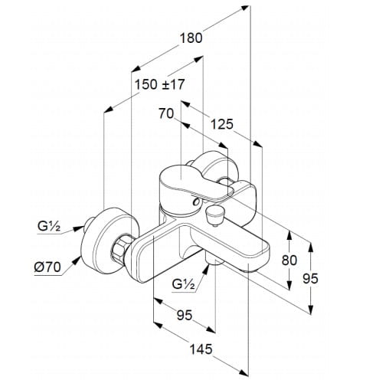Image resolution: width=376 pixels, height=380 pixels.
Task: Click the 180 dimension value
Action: pyautogui.click(x=191, y=38)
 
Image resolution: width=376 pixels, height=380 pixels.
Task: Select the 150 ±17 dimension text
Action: pyautogui.click(x=159, y=84)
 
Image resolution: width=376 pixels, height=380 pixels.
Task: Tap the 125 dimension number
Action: pyautogui.click(x=222, y=124)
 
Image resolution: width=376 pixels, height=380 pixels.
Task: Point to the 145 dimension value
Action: pyautogui.click(x=201, y=349)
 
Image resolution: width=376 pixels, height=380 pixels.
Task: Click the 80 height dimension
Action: pyautogui.click(x=289, y=260)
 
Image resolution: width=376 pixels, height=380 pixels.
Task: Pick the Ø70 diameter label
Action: pyautogui.click(x=47, y=267)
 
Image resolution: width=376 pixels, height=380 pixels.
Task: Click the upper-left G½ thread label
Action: pyautogui.click(x=49, y=226)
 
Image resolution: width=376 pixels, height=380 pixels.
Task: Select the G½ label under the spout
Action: pyautogui.click(x=183, y=283)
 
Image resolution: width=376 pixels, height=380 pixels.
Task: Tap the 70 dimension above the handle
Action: pyautogui.click(x=166, y=113)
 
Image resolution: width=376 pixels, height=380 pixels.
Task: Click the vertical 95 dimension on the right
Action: pyautogui.click(x=310, y=278)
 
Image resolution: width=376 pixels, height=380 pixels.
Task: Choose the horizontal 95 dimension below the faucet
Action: pyautogui.click(x=185, y=315)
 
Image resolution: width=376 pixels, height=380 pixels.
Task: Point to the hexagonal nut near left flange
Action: pyautogui.click(x=120, y=248)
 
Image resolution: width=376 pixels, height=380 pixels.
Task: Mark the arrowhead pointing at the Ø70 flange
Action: pyautogui.click(x=76, y=260)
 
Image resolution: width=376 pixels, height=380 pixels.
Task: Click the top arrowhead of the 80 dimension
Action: pyautogui.click(x=289, y=235)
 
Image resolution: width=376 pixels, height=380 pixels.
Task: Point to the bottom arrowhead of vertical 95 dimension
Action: pyautogui.click(x=311, y=310)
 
